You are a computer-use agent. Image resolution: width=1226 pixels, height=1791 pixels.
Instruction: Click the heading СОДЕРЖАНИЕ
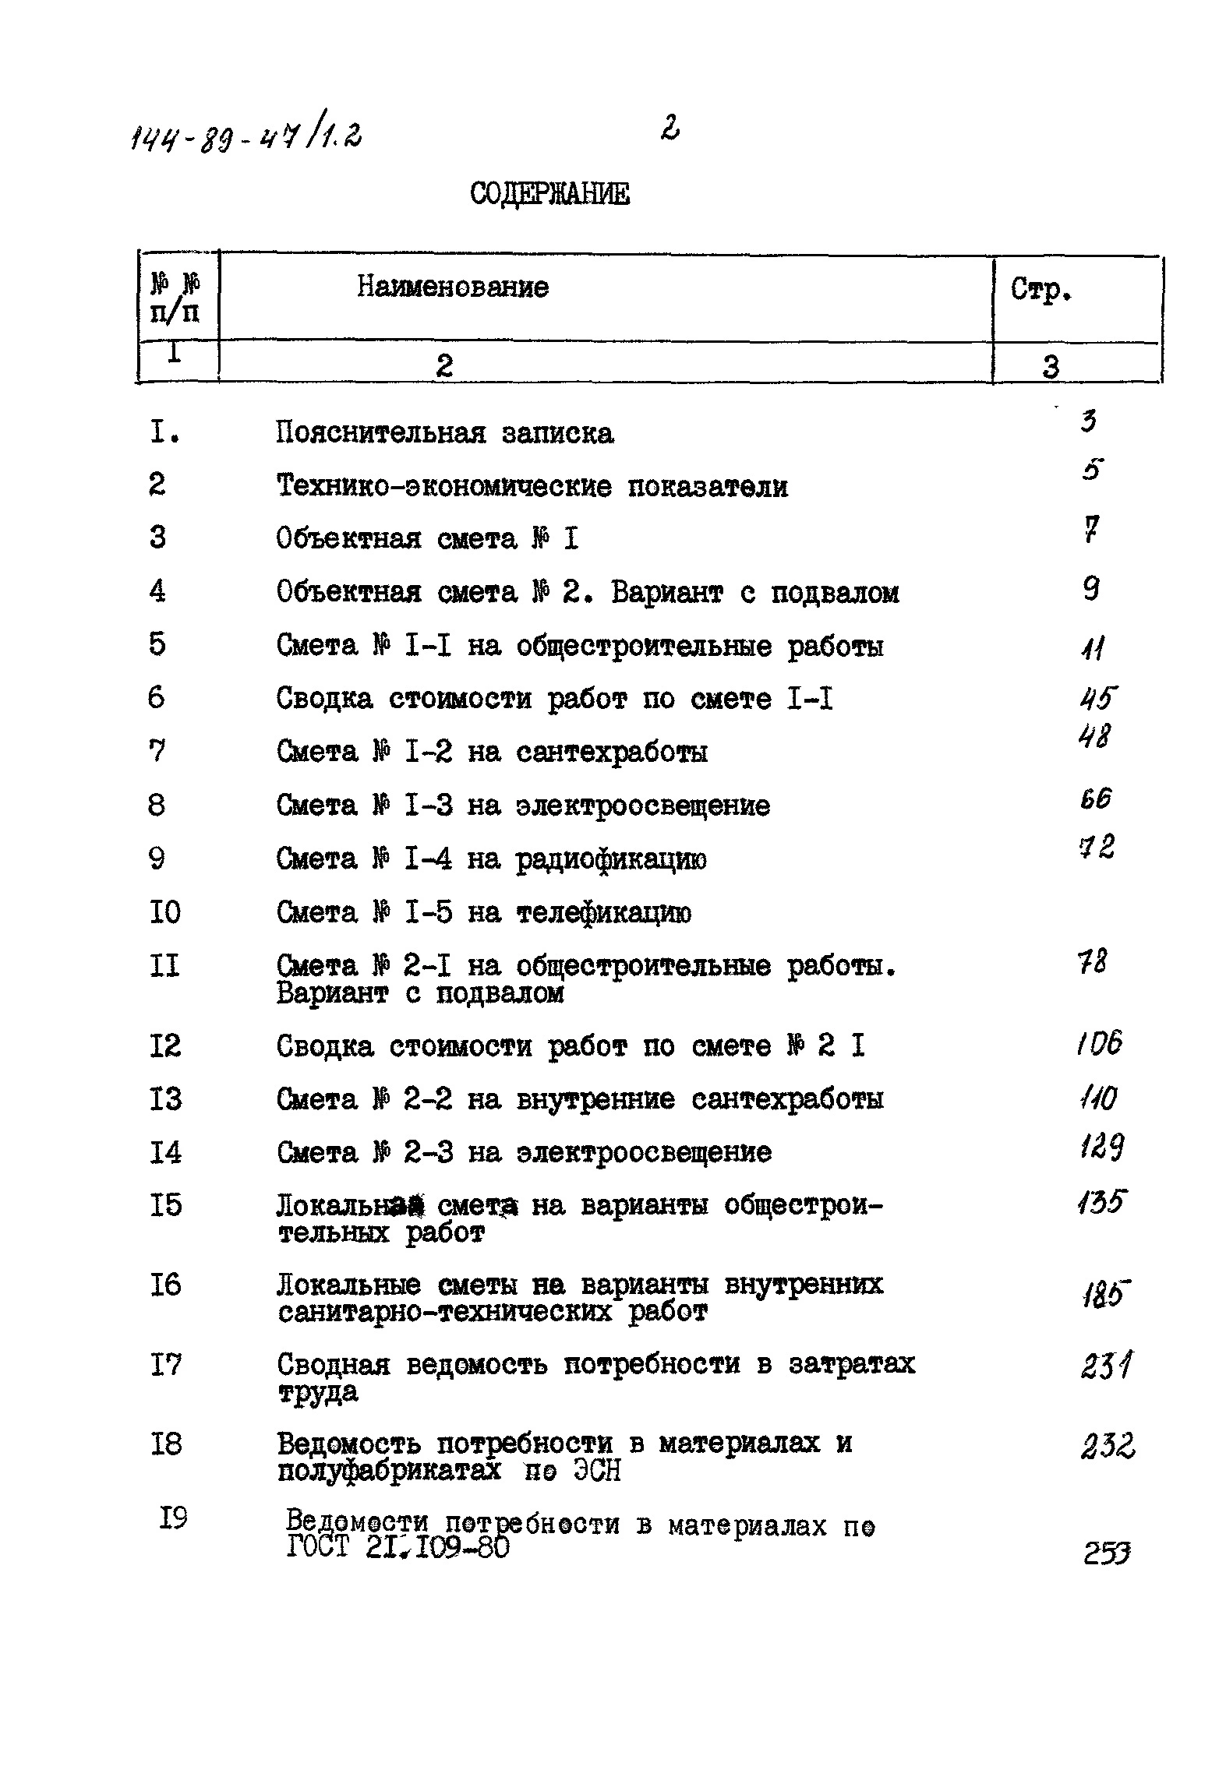(x=549, y=194)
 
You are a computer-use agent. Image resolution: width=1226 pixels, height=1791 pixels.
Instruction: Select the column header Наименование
(x=453, y=288)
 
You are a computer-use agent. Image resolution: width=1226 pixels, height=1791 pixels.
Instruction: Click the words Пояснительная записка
(x=444, y=433)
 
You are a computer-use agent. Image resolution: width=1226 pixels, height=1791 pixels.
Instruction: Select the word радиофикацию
(x=611, y=860)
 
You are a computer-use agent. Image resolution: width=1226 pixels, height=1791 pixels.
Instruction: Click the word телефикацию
(x=603, y=913)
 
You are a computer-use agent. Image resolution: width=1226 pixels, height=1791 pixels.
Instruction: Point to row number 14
(x=165, y=1152)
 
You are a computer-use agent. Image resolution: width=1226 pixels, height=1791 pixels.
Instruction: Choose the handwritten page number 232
(x=1107, y=1447)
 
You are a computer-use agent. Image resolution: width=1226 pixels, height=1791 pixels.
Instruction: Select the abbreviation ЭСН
(x=597, y=1471)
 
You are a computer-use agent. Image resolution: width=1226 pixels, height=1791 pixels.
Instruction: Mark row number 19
(x=173, y=1518)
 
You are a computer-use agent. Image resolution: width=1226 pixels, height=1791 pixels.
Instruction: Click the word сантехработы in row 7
(x=612, y=753)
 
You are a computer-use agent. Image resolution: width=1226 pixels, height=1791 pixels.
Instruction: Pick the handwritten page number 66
(x=1095, y=799)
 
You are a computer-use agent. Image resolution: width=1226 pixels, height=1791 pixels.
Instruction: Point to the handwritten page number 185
(x=1104, y=1295)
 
